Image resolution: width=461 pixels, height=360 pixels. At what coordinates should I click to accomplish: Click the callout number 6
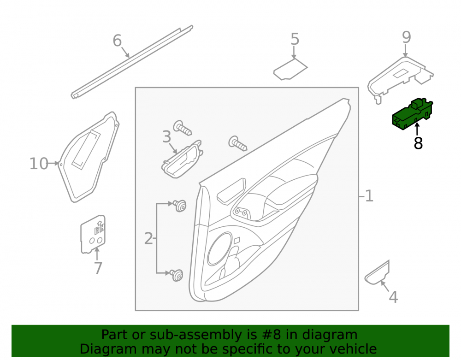pos(117,41)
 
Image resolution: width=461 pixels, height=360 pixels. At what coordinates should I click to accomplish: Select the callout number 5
pos(295,39)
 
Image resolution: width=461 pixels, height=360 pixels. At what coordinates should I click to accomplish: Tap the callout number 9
pos(406,37)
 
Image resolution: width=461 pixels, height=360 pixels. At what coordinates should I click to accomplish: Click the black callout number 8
pos(418,143)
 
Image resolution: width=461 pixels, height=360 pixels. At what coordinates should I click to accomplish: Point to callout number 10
pos(39,164)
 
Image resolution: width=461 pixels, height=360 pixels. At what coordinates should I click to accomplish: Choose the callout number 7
pos(98,268)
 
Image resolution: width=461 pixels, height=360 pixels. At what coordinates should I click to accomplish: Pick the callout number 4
pos(393,297)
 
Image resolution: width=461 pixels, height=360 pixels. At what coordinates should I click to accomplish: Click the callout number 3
pos(167,137)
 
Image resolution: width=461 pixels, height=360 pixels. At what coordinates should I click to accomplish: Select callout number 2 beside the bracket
pos(148,238)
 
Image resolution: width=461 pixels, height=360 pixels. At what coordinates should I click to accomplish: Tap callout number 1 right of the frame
pos(369,196)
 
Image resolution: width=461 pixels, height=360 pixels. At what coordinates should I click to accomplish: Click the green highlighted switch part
pos(413,114)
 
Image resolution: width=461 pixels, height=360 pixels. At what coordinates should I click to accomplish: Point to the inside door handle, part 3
pos(182,159)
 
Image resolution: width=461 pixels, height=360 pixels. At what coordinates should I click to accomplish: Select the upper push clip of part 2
pos(180,206)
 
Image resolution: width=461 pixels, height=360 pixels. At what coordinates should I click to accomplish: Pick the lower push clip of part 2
pos(177,275)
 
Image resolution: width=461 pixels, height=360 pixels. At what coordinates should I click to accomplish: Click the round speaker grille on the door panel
pos(219,249)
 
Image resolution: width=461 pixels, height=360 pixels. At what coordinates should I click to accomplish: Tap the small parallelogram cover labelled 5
pos(290,69)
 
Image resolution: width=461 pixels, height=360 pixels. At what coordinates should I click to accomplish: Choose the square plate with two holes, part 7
pos(93,235)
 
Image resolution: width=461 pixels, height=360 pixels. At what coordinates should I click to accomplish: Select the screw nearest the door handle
pos(183,128)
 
